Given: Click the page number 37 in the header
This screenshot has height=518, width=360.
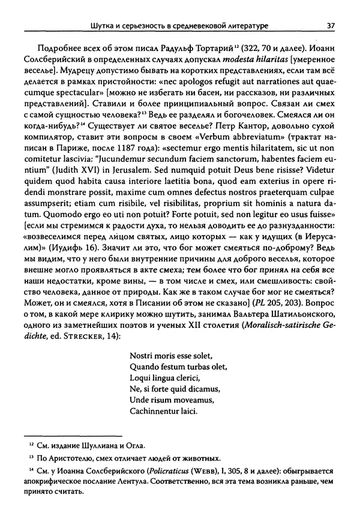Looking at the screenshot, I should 329,25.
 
